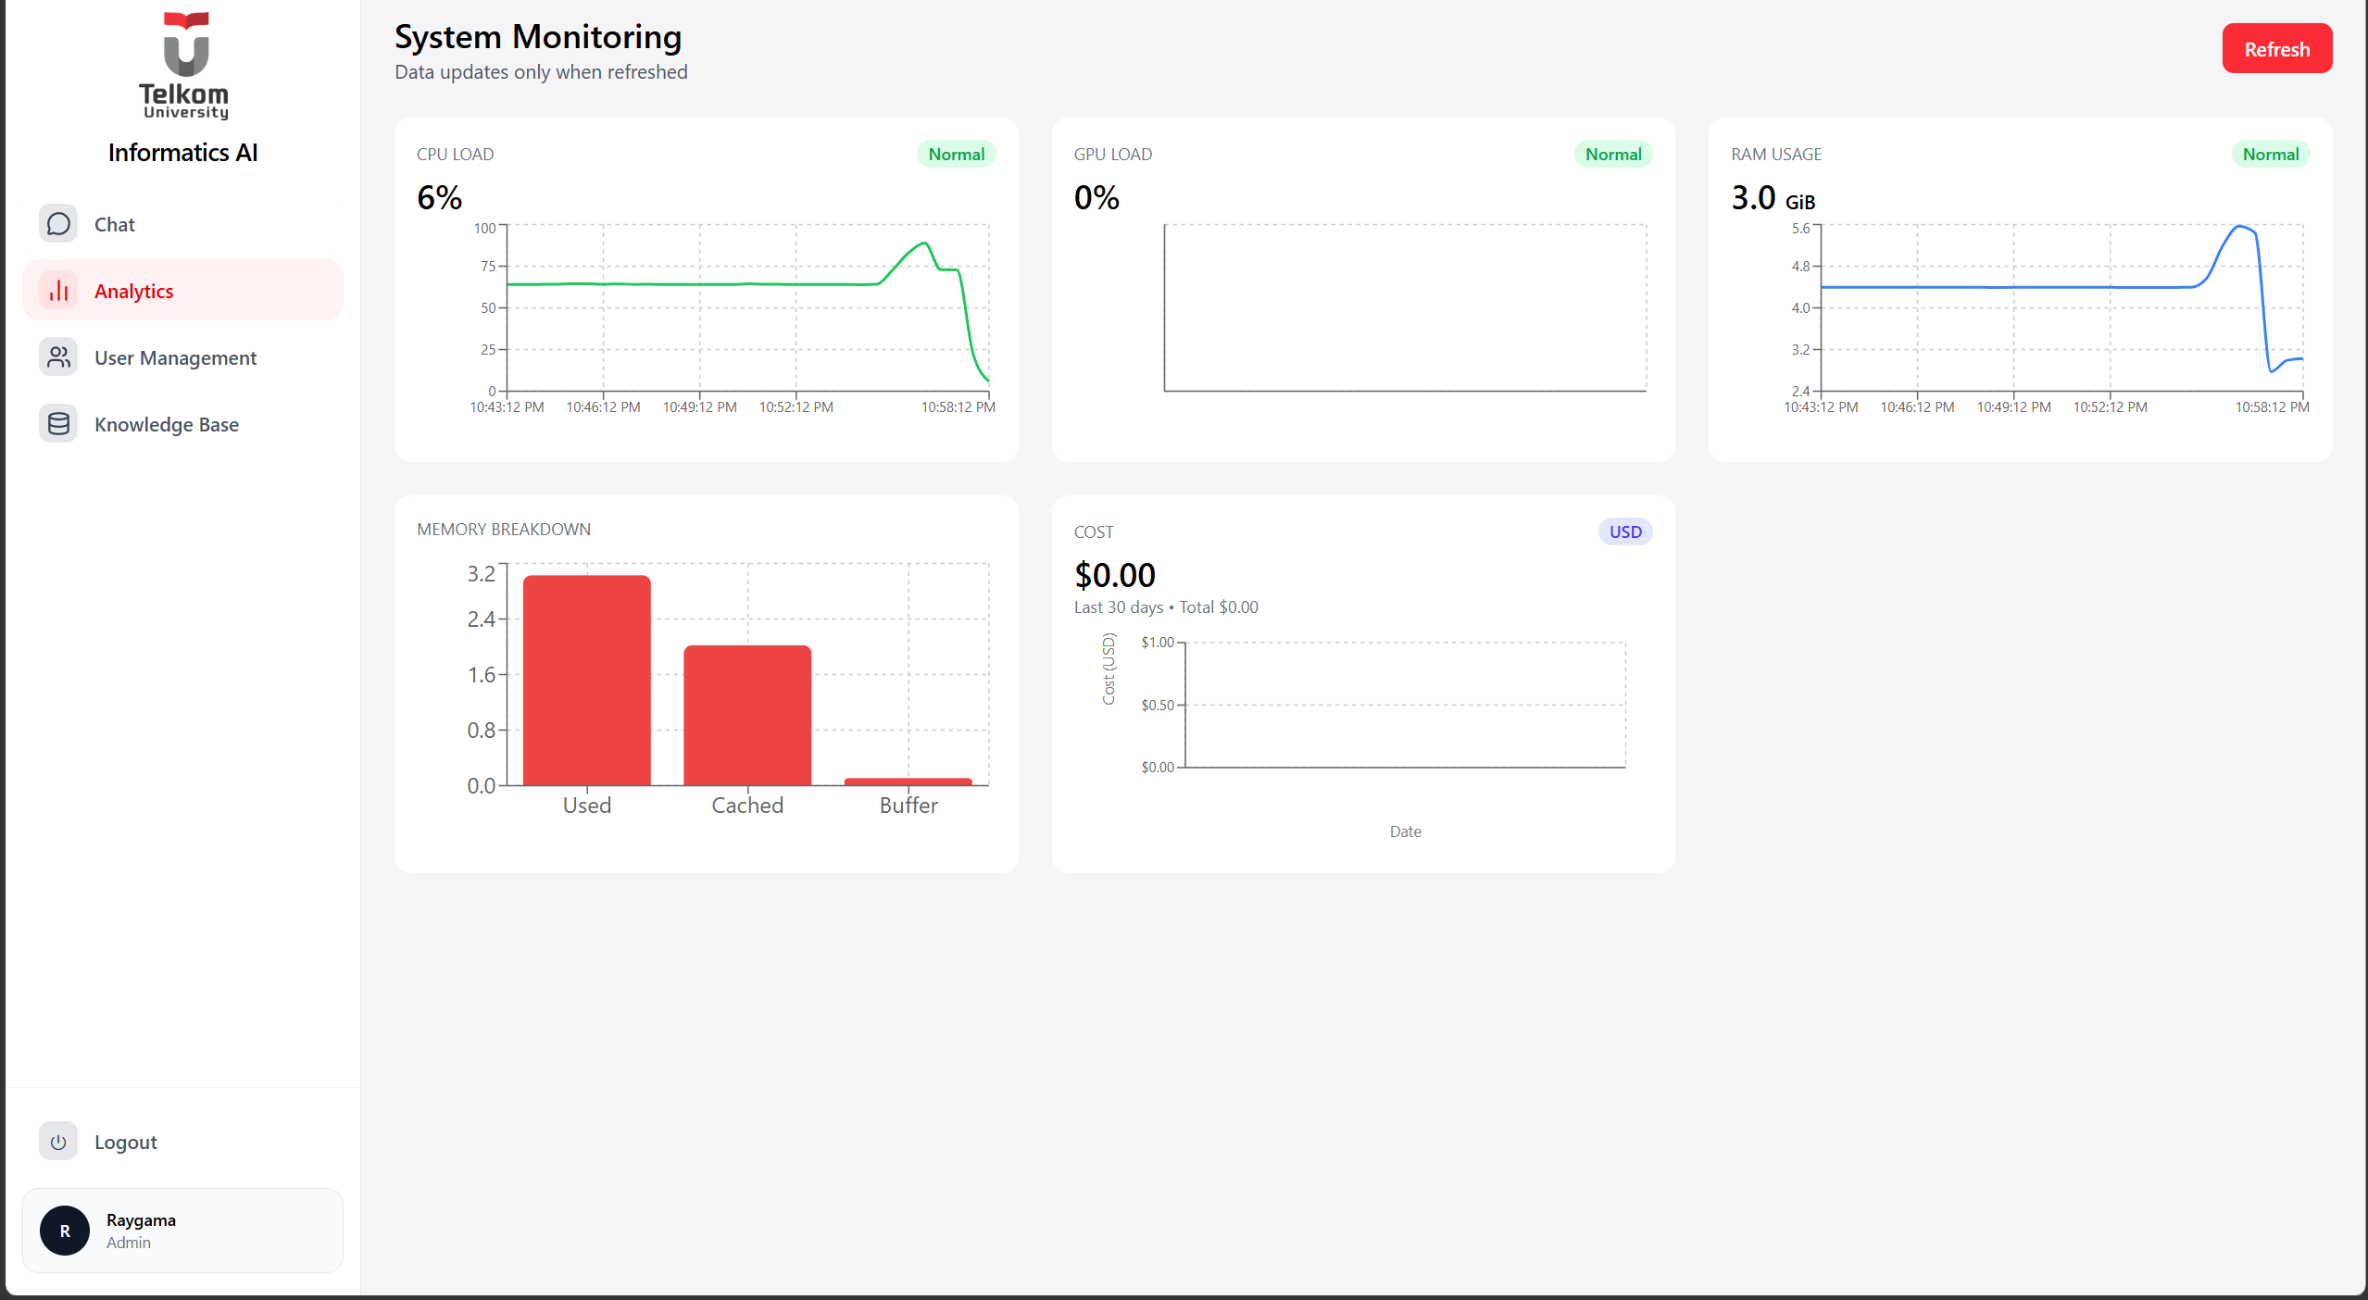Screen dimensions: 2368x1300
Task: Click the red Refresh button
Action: (2276, 48)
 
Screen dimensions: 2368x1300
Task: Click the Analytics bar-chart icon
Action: (58, 291)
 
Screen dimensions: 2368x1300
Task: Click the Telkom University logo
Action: (183, 65)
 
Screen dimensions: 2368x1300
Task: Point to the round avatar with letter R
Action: (65, 1231)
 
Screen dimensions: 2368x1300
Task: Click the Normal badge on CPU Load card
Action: (956, 154)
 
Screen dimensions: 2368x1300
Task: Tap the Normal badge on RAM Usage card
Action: (2270, 154)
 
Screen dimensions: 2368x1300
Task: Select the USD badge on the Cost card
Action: (1624, 531)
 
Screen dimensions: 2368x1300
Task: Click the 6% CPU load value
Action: (439, 197)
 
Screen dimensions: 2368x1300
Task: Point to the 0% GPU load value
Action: (1096, 197)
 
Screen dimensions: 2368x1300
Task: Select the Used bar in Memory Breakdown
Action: (586, 681)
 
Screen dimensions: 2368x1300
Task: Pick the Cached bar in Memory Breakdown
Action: (746, 715)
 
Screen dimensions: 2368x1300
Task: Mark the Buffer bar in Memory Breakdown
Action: (908, 781)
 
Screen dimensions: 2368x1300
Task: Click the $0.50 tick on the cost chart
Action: (1158, 705)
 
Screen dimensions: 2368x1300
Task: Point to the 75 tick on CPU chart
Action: (488, 266)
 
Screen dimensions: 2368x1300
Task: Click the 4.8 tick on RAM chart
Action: (1799, 266)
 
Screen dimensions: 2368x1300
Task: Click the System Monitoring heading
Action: (538, 37)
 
